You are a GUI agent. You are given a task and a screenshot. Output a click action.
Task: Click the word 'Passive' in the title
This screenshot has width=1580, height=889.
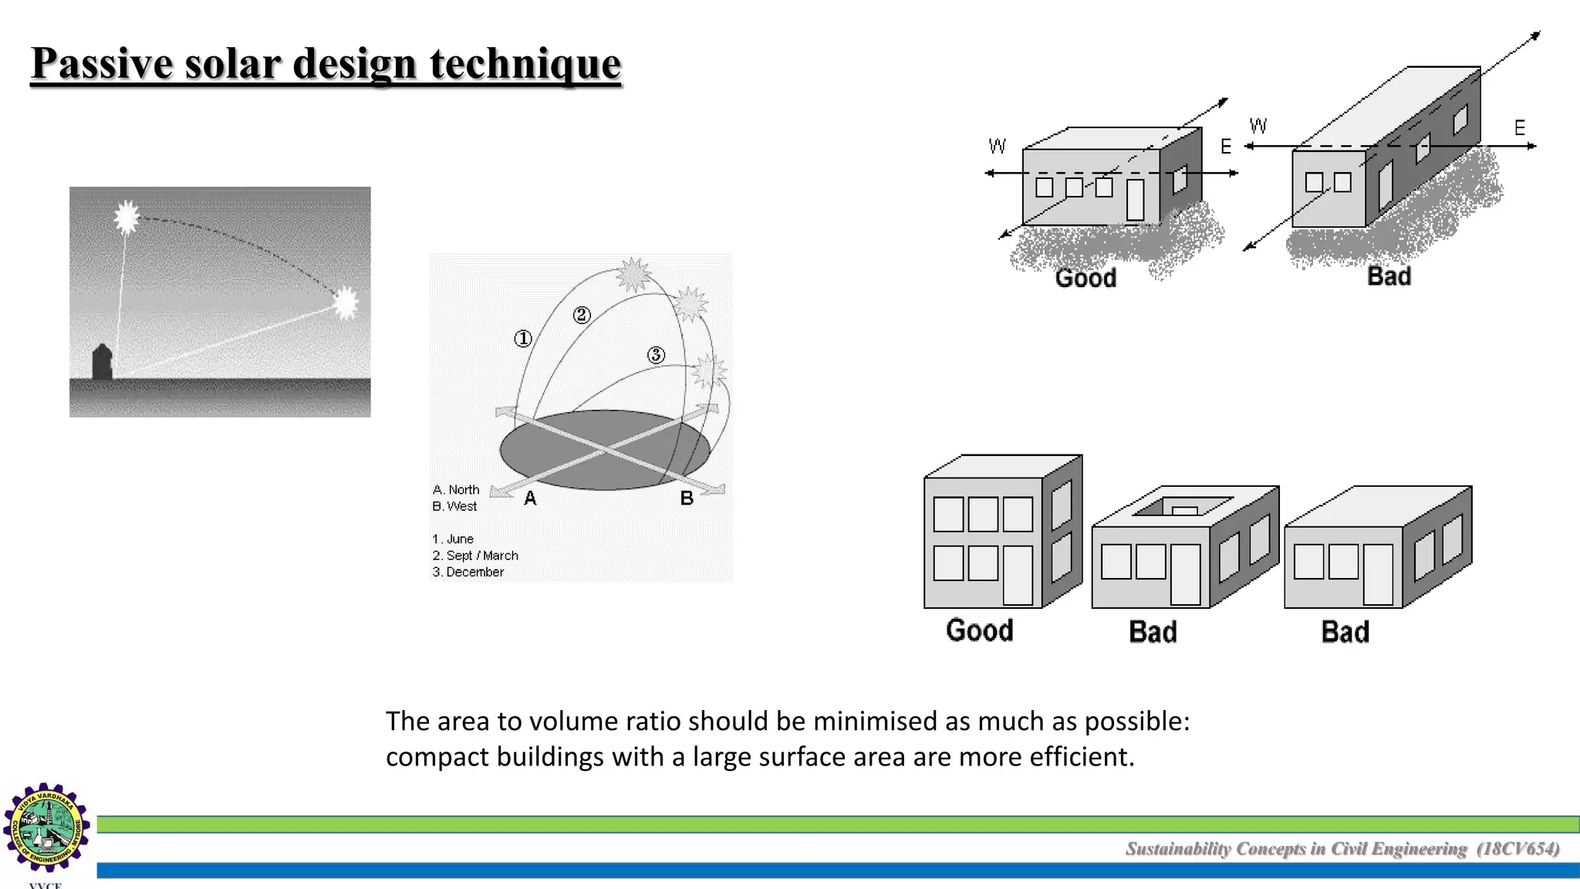[103, 63]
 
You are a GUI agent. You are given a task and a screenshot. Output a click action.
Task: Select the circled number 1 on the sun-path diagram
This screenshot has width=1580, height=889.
[523, 339]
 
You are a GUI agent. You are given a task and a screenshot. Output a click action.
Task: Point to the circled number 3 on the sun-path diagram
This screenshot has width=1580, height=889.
[656, 355]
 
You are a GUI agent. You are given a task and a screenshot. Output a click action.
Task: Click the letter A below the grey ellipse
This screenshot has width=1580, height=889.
[530, 499]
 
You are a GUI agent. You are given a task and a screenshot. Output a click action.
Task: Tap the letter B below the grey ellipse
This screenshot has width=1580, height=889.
[687, 499]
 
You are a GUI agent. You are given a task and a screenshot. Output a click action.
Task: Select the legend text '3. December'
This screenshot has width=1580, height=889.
[468, 572]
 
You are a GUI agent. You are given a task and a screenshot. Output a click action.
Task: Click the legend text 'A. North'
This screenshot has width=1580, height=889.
[456, 490]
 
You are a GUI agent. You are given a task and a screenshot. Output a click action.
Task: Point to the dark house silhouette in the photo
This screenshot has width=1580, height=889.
[102, 362]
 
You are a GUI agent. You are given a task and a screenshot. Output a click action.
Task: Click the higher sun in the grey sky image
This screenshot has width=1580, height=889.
[127, 217]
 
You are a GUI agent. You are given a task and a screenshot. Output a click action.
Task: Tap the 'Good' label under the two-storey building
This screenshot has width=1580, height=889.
[979, 630]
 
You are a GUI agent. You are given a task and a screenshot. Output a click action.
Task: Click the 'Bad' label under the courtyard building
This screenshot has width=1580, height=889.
[1153, 632]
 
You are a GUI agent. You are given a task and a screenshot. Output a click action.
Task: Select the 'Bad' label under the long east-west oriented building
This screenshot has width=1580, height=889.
[1389, 276]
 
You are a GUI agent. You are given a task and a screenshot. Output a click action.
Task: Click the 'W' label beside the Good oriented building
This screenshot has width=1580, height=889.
[997, 146]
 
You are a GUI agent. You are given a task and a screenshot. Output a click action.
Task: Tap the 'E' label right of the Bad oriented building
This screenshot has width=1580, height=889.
[1519, 127]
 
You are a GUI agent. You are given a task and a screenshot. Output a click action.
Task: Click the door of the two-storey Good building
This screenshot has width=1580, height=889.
[1018, 576]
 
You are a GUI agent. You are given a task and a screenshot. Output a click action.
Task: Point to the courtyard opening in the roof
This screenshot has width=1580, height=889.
[1184, 507]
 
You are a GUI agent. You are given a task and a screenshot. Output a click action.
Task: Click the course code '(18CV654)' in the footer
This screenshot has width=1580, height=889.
[1518, 849]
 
